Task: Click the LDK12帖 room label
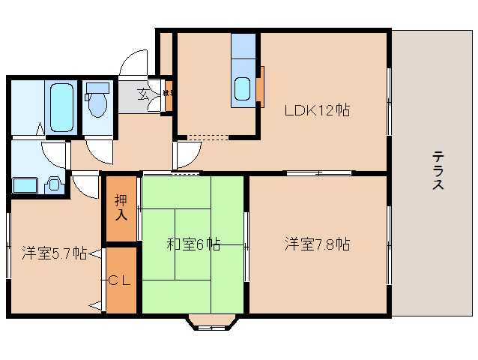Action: [317, 110]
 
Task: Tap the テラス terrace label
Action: [438, 171]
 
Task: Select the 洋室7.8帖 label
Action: [317, 244]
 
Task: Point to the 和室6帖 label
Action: [193, 244]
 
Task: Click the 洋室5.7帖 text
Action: [53, 252]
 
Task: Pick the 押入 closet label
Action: [121, 208]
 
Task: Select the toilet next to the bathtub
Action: [97, 101]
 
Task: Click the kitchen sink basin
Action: [244, 89]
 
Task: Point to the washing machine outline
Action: [26, 184]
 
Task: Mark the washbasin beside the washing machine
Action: [55, 184]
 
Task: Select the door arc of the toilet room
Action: [100, 151]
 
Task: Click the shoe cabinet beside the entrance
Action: [169, 94]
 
